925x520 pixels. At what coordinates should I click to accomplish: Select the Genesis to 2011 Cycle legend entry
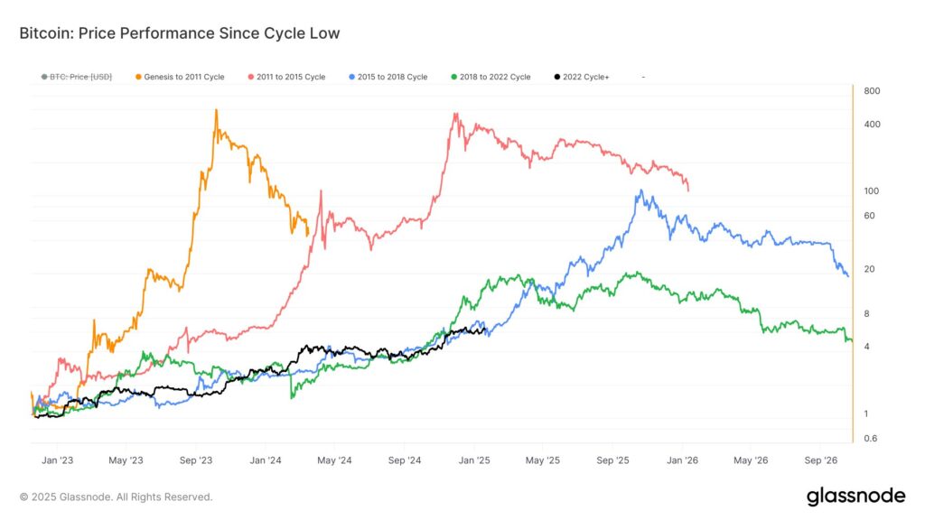click(x=180, y=77)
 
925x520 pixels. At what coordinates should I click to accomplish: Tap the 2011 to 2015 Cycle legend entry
click(x=286, y=77)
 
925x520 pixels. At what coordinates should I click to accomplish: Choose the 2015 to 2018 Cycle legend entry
click(x=388, y=77)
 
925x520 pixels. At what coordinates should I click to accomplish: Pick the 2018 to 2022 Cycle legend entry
click(x=491, y=77)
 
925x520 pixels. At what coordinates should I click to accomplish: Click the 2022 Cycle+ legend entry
click(x=582, y=77)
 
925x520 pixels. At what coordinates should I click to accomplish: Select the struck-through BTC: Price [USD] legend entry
click(x=77, y=77)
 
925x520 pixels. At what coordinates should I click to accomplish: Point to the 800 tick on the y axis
click(x=872, y=91)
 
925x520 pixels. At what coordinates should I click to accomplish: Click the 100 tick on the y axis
click(x=872, y=191)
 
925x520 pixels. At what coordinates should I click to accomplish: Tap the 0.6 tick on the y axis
click(x=871, y=439)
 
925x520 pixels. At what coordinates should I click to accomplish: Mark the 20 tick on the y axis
click(x=870, y=269)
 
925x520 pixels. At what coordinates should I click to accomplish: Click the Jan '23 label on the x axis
click(x=57, y=460)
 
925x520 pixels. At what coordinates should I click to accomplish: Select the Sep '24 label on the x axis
click(x=405, y=460)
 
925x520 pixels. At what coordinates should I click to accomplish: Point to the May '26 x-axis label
click(x=751, y=460)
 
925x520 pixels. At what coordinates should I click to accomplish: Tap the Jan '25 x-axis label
click(x=474, y=460)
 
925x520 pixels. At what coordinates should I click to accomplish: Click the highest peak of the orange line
click(x=217, y=109)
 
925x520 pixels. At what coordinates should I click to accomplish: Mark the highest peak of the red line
click(x=455, y=113)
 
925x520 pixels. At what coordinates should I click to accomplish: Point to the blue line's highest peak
click(x=641, y=190)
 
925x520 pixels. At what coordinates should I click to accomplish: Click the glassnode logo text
click(x=856, y=497)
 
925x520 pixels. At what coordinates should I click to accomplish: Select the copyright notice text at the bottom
click(x=116, y=497)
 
